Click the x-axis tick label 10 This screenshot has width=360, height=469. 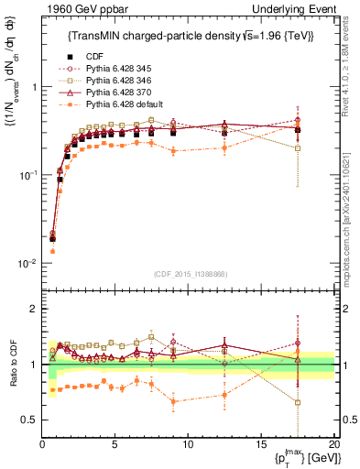[x=188, y=444]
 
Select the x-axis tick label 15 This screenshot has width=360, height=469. [x=260, y=444]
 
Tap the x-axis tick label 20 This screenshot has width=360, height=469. [x=333, y=444]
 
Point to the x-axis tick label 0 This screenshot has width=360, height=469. [x=43, y=444]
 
